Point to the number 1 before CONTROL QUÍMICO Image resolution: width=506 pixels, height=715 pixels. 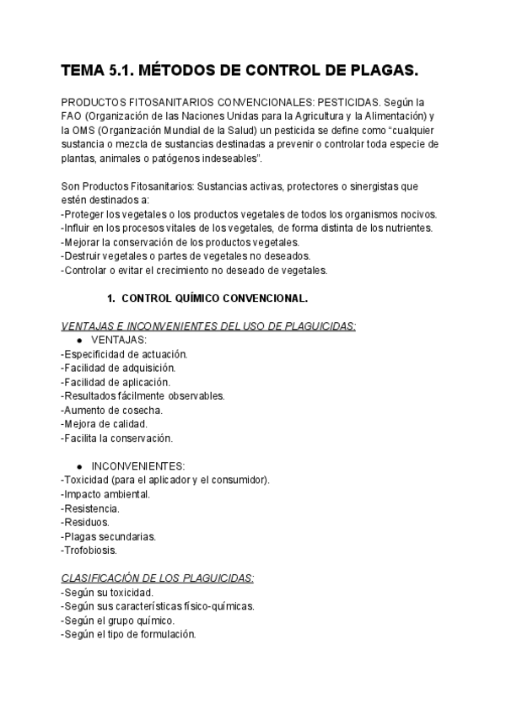(x=110, y=298)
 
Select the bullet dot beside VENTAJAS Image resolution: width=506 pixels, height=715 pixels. (x=78, y=340)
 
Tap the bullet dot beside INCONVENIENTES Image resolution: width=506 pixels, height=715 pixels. (x=78, y=465)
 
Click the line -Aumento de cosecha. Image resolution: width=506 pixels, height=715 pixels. (x=112, y=410)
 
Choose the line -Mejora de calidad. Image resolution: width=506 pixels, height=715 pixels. (x=105, y=423)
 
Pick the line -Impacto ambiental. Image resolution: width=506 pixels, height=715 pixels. (x=105, y=493)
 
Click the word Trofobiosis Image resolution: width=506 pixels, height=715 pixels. (x=92, y=550)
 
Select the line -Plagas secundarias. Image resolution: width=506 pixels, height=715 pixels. (x=109, y=535)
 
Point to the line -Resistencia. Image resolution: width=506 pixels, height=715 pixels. (x=90, y=508)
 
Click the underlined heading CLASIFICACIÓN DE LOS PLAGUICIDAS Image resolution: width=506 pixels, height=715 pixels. (x=158, y=578)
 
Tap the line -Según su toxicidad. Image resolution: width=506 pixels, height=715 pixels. (x=107, y=592)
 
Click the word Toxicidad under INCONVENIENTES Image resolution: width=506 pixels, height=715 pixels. (x=90, y=480)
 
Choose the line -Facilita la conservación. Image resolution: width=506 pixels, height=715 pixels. (x=117, y=438)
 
